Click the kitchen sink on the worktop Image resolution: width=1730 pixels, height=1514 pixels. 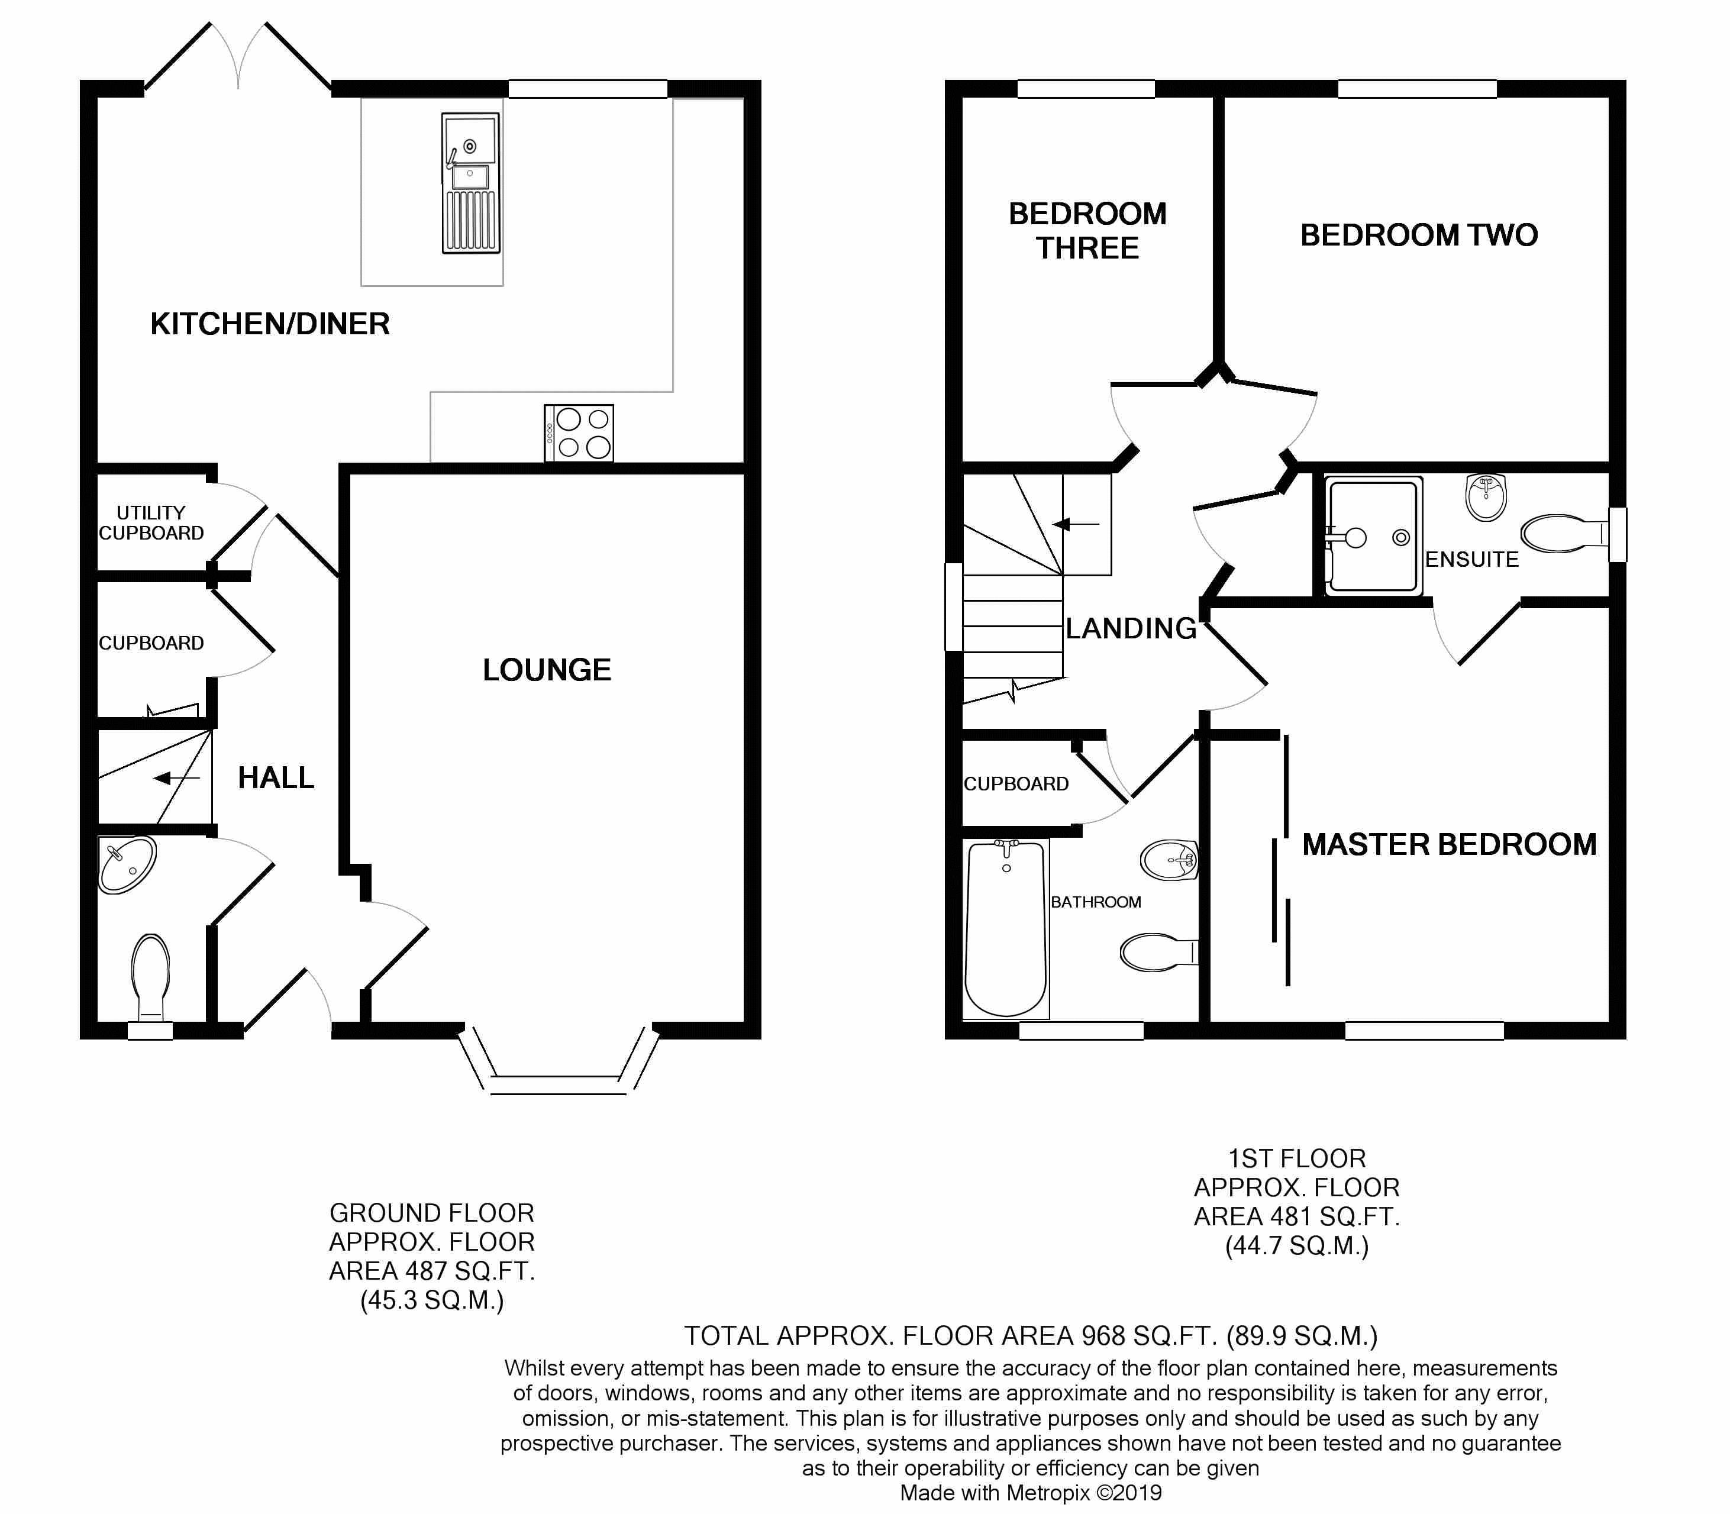pyautogui.click(x=470, y=183)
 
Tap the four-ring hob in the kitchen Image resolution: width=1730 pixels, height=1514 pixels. pyautogui.click(x=579, y=432)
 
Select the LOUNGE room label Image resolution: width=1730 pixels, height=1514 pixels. pyautogui.click(x=547, y=670)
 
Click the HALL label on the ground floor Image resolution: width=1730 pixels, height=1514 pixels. pyautogui.click(x=276, y=777)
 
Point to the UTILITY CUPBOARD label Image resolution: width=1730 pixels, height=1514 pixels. pyautogui.click(x=151, y=523)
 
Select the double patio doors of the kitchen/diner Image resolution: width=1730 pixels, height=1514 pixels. pyautogui.click(x=237, y=56)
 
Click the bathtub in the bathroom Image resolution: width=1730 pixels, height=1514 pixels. pyautogui.click(x=1006, y=928)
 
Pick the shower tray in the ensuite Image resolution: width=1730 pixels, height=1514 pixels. pyautogui.click(x=1373, y=535)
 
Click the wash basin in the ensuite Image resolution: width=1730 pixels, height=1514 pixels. pyautogui.click(x=1486, y=498)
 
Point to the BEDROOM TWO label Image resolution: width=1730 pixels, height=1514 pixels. pyautogui.click(x=1419, y=235)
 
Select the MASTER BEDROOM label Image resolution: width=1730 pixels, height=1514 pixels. pyautogui.click(x=1450, y=844)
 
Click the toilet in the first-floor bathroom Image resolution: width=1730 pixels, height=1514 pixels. pyautogui.click(x=1159, y=952)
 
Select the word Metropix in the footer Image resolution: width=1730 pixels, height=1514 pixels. pyautogui.click(x=1047, y=1493)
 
